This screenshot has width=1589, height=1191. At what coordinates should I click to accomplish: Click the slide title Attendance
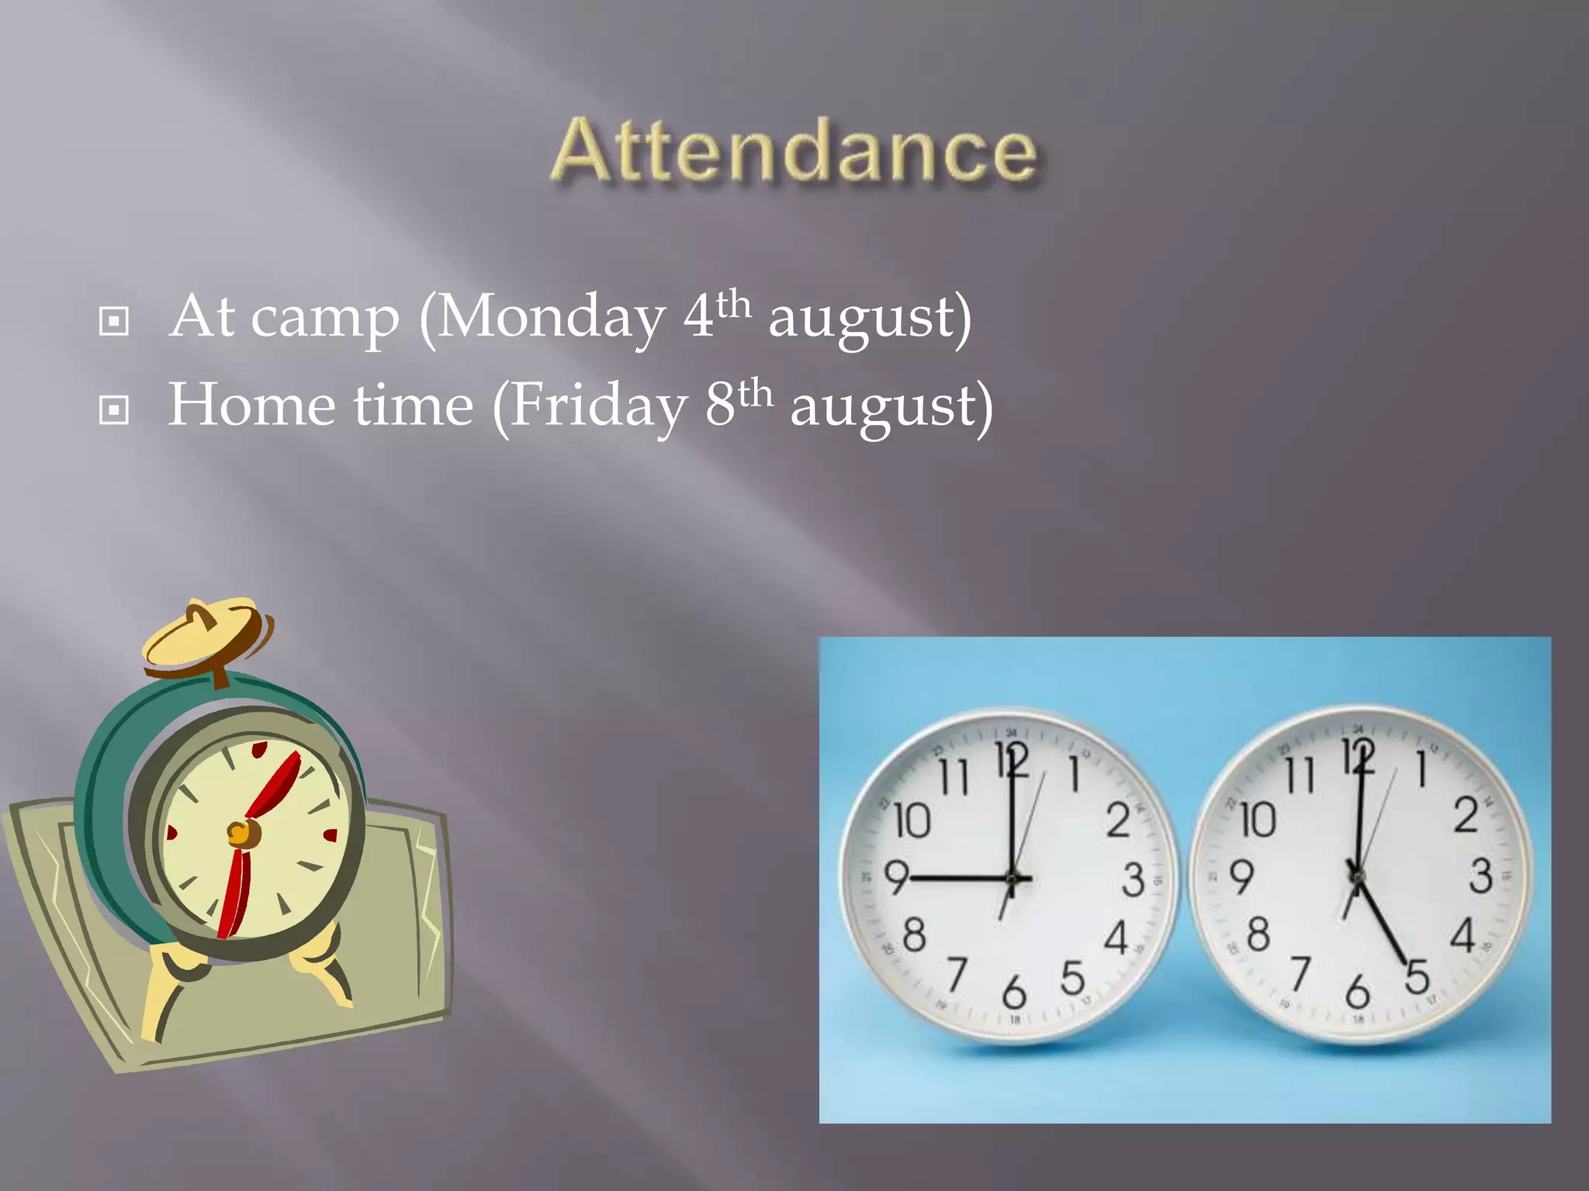(794, 151)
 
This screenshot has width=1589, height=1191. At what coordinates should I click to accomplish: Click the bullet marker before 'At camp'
(114, 320)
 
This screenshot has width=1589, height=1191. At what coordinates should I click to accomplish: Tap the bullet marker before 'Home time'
(114, 409)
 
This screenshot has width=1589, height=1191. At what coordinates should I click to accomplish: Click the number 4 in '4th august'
(698, 316)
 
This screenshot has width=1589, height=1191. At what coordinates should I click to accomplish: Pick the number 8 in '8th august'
(720, 405)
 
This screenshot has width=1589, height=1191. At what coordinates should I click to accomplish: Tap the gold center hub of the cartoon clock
(241, 834)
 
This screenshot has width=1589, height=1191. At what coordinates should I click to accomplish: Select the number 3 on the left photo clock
(1133, 879)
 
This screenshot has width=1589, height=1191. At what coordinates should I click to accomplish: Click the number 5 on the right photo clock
(1417, 976)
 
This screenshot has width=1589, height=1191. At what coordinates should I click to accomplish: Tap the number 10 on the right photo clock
(1258, 820)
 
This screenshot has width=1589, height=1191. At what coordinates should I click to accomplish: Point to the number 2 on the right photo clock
(1466, 816)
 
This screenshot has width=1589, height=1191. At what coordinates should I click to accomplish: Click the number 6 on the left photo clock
(1014, 992)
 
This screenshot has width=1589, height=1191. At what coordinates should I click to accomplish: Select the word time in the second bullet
(413, 405)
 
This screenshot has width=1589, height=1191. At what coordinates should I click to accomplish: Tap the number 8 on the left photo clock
(915, 934)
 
